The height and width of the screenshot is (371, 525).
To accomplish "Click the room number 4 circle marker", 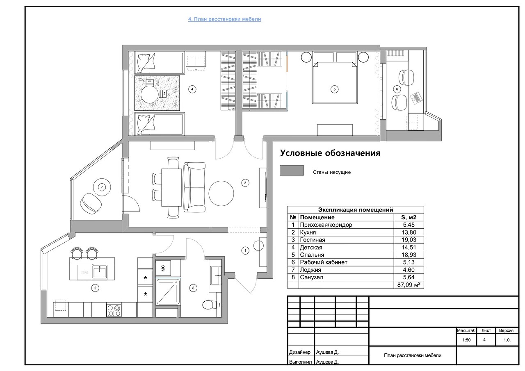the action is [x=192, y=89].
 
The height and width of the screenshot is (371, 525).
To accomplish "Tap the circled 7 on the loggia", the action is [x=102, y=187].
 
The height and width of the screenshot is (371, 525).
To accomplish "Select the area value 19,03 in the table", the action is [x=409, y=240].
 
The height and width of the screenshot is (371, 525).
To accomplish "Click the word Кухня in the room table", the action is [x=308, y=232].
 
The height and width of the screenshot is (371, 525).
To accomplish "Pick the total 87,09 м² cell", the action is [x=409, y=285].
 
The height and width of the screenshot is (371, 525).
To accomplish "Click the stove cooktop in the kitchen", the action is [x=114, y=310].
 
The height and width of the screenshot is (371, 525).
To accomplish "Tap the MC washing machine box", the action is [x=163, y=268].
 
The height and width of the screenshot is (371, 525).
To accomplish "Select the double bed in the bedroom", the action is [x=335, y=82].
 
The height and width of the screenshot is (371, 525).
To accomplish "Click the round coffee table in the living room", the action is [x=221, y=193].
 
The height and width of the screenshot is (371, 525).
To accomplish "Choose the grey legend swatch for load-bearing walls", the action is [x=292, y=170].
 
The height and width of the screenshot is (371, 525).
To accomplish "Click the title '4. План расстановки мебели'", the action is [x=224, y=19].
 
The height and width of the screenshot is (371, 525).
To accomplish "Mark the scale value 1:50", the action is [x=466, y=340].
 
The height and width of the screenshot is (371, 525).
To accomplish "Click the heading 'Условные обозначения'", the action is [x=330, y=153].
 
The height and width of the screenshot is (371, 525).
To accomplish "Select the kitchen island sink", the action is [x=100, y=272].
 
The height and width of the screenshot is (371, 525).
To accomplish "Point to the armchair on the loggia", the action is [x=91, y=203].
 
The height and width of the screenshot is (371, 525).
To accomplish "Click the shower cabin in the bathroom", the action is [x=168, y=291].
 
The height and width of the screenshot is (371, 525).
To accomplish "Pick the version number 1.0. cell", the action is [x=507, y=340].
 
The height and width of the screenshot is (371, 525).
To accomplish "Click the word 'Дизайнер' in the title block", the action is [x=299, y=352].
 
